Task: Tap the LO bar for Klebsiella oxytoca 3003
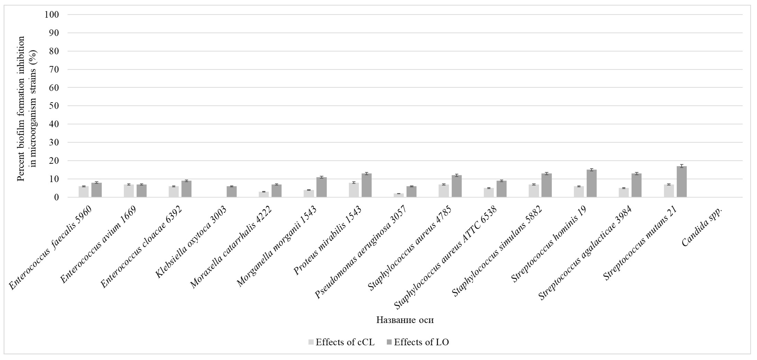232,192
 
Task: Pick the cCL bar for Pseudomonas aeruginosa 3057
399,196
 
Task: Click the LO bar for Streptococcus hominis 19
592,183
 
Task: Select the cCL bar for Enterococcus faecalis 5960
83,192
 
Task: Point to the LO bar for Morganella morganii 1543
322,187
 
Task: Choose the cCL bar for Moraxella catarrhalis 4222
264,194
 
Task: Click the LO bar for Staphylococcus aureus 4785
457,186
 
